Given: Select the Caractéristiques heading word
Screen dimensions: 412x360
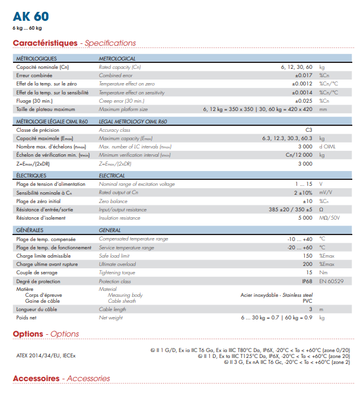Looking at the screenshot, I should (x=45, y=43).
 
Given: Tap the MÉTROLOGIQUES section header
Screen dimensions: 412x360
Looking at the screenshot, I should (x=36, y=59).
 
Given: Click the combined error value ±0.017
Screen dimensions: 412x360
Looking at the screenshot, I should (x=303, y=75).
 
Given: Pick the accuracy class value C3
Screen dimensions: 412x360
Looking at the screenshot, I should (x=308, y=129).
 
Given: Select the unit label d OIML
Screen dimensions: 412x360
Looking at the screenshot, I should (x=329, y=146).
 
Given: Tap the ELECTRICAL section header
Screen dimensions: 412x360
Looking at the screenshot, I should (x=112, y=176).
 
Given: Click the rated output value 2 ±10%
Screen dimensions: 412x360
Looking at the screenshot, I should (x=303, y=193).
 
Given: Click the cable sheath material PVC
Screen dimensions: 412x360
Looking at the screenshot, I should (x=307, y=301).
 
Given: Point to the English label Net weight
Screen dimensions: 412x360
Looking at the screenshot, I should (x=111, y=318).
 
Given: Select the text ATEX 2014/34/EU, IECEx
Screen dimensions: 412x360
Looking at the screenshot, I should (x=46, y=356).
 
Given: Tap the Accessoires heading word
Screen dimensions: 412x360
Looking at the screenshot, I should (x=36, y=378).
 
